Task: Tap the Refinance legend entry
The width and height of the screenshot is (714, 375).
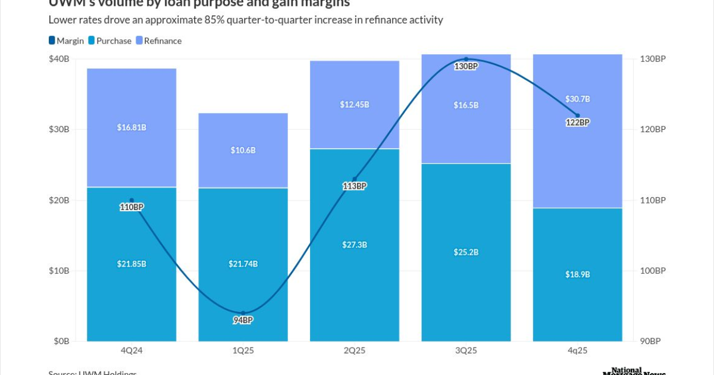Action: pos(158,40)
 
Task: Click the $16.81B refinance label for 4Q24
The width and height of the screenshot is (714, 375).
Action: pos(131,127)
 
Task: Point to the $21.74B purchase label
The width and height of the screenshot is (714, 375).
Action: pos(243,264)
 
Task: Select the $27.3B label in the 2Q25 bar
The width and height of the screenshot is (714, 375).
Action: pos(355,244)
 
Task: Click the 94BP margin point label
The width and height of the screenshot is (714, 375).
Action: pos(243,320)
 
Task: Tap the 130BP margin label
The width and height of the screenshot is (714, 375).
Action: pos(466,66)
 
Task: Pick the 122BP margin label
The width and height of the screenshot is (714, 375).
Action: pos(577,122)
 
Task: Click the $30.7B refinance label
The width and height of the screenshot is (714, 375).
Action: pos(577,99)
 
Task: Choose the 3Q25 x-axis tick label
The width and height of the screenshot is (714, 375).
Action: pos(466,351)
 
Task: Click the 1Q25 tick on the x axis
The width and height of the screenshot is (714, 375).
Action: pos(243,351)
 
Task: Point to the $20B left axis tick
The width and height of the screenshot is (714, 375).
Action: pos(59,200)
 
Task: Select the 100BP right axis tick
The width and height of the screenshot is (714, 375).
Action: pos(653,271)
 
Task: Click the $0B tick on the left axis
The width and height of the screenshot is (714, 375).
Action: pos(61,342)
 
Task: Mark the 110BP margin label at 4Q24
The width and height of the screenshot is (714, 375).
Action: pos(131,207)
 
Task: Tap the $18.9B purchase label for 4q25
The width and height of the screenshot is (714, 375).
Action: pos(577,274)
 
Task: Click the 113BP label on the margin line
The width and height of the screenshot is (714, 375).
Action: pos(355,186)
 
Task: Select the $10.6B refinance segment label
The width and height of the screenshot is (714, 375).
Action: pos(243,150)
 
